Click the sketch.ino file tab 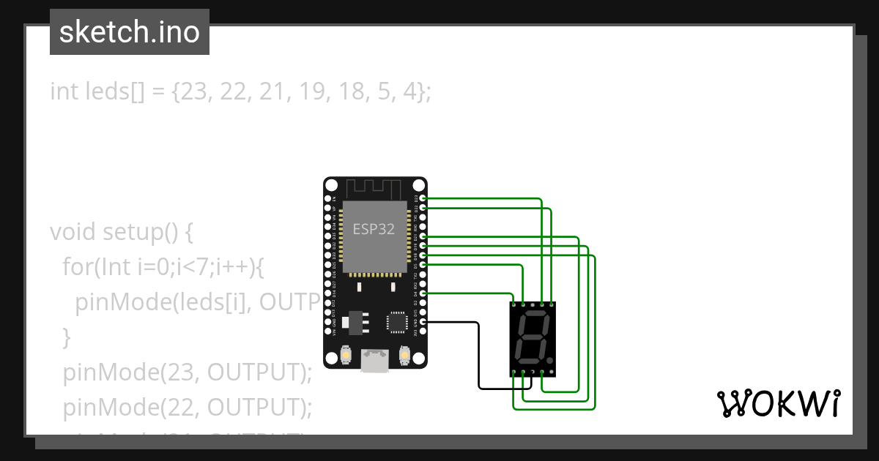click(x=130, y=33)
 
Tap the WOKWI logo click(x=778, y=403)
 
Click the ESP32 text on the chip click(x=374, y=229)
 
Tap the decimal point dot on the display click(x=549, y=360)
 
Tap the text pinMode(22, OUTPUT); click(x=188, y=407)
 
